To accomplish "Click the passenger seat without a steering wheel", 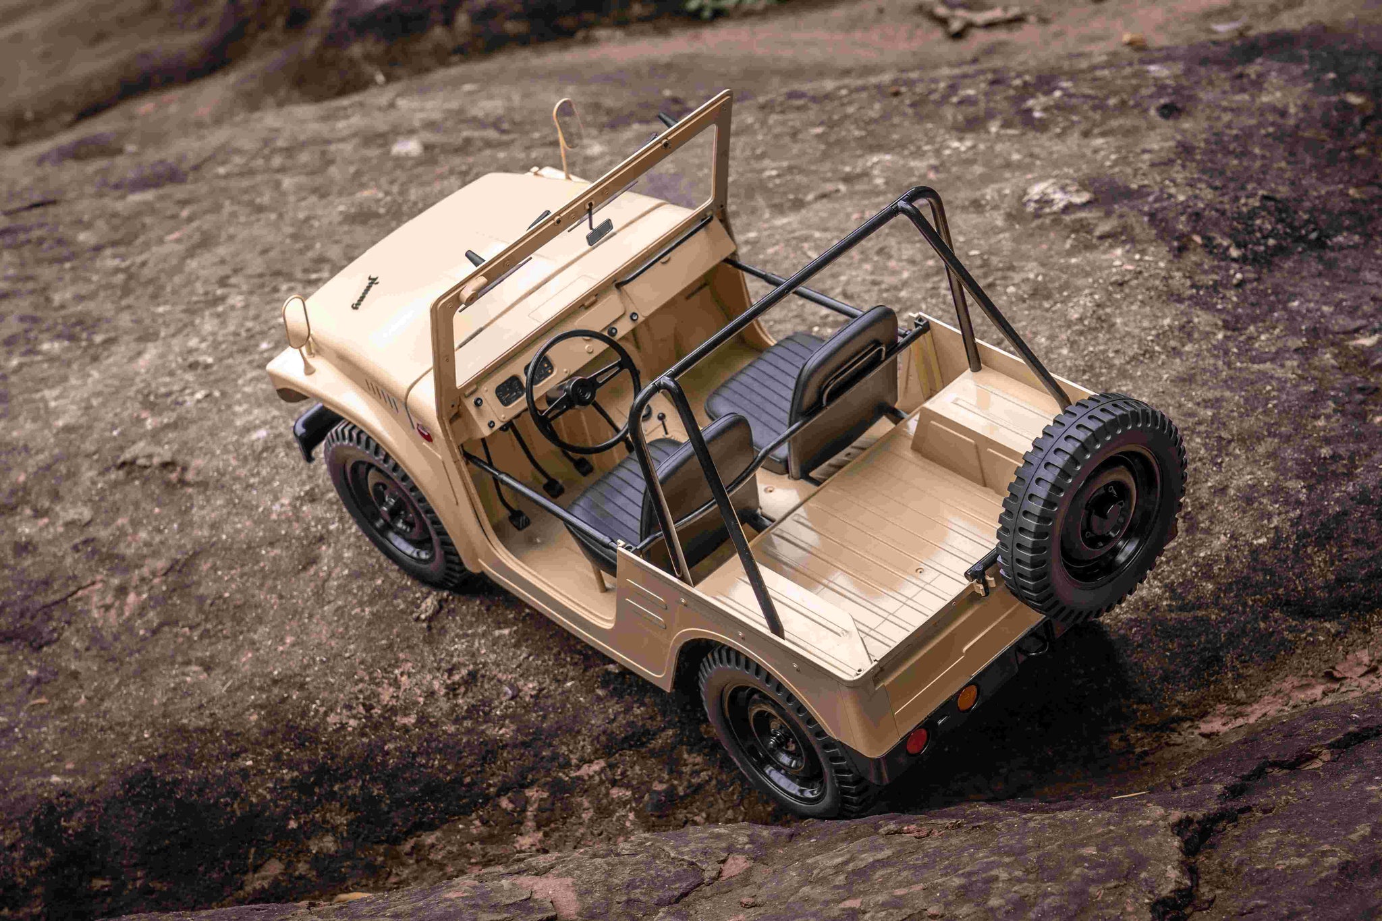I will pyautogui.click(x=810, y=385).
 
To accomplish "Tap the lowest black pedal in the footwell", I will pyautogui.click(x=518, y=518).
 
